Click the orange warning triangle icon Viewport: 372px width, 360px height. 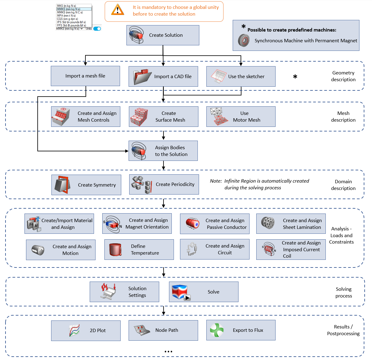pyautogui.click(x=118, y=10)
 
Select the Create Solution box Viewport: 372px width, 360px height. pyautogui.click(x=163, y=35)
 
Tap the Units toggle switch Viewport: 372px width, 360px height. pyautogui.click(x=97, y=29)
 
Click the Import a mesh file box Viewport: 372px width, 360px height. pyautogui.click(x=85, y=76)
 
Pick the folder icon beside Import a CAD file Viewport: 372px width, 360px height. pyautogui.click(x=142, y=77)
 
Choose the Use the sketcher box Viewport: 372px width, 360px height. pyautogui.click(x=241, y=77)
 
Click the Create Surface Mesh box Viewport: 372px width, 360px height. pyautogui.click(x=163, y=117)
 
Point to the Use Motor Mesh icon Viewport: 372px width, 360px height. pyautogui.click(x=218, y=116)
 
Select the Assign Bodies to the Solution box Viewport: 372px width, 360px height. pyautogui.click(x=163, y=151)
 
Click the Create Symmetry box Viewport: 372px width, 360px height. pyautogui.click(x=86, y=185)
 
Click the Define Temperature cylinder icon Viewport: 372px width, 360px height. pyautogui.click(x=115, y=250)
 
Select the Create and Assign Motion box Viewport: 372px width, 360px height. pyautogui.click(x=61, y=250)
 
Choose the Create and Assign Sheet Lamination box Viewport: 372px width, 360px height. pyautogui.click(x=291, y=224)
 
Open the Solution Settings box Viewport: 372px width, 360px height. pyautogui.click(x=124, y=292)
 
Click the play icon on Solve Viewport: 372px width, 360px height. pyautogui.click(x=187, y=297)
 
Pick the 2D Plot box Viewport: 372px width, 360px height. pyautogui.click(x=86, y=331)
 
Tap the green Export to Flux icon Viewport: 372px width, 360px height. pyautogui.click(x=217, y=330)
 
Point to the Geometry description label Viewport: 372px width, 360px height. pyautogui.click(x=343, y=76)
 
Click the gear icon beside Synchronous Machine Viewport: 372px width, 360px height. pyautogui.click(x=244, y=40)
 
